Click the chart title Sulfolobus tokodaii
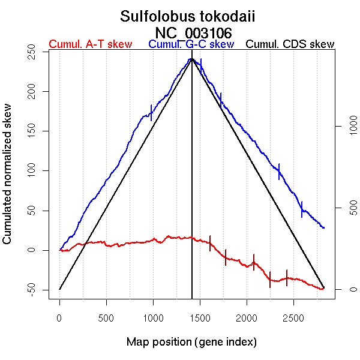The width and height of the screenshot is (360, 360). (x=187, y=16)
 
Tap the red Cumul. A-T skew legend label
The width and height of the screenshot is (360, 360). (x=90, y=45)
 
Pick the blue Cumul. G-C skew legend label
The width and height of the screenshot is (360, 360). (x=191, y=45)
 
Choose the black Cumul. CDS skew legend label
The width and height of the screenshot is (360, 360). (x=290, y=45)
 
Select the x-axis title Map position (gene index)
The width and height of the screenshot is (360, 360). (x=191, y=342)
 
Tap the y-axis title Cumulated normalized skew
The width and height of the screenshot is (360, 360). (x=8, y=174)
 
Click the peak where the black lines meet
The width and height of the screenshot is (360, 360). (x=192, y=59)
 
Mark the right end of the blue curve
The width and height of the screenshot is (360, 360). (x=324, y=228)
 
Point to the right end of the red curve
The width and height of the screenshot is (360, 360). (x=324, y=289)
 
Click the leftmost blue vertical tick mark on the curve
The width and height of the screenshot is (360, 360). (x=151, y=112)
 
